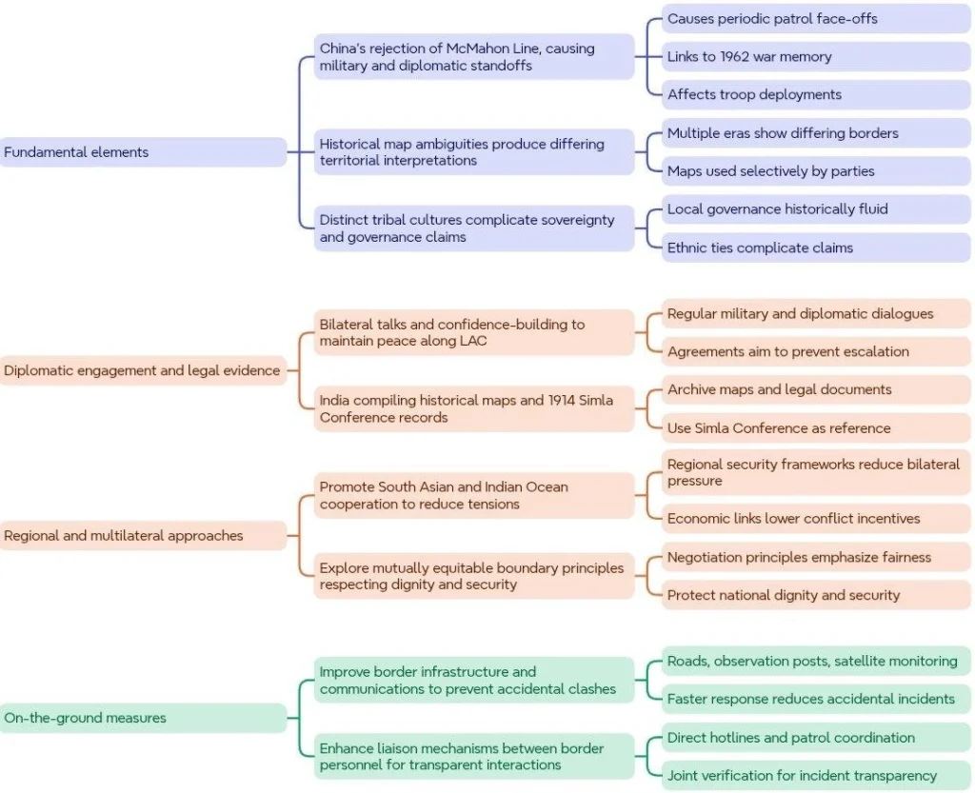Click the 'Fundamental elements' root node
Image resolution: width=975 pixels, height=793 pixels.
(143, 151)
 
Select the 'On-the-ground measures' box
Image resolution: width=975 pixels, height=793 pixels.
(143, 718)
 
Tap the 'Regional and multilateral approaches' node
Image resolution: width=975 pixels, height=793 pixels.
(143, 535)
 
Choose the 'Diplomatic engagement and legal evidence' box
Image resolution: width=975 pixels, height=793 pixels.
(143, 370)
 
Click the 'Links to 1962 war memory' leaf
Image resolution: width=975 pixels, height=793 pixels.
(816, 56)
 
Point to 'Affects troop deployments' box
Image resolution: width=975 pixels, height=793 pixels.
(816, 94)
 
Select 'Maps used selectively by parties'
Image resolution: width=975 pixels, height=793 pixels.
(816, 171)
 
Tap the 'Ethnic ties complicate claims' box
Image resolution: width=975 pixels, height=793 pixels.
(816, 248)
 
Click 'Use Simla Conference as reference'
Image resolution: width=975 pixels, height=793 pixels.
(816, 427)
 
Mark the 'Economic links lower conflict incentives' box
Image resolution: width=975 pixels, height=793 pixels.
(816, 518)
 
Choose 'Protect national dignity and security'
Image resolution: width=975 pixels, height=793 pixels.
(816, 595)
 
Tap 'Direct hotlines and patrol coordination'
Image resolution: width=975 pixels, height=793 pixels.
(816, 738)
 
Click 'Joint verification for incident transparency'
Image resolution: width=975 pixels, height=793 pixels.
(816, 776)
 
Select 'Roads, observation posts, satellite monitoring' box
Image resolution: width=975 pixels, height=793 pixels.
(816, 662)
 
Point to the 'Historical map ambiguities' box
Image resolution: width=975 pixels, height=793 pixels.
(474, 152)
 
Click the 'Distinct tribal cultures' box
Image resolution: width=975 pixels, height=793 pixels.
(474, 228)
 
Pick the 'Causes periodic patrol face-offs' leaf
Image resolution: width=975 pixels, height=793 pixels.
(816, 19)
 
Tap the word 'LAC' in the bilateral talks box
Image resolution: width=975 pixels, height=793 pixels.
(473, 341)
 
